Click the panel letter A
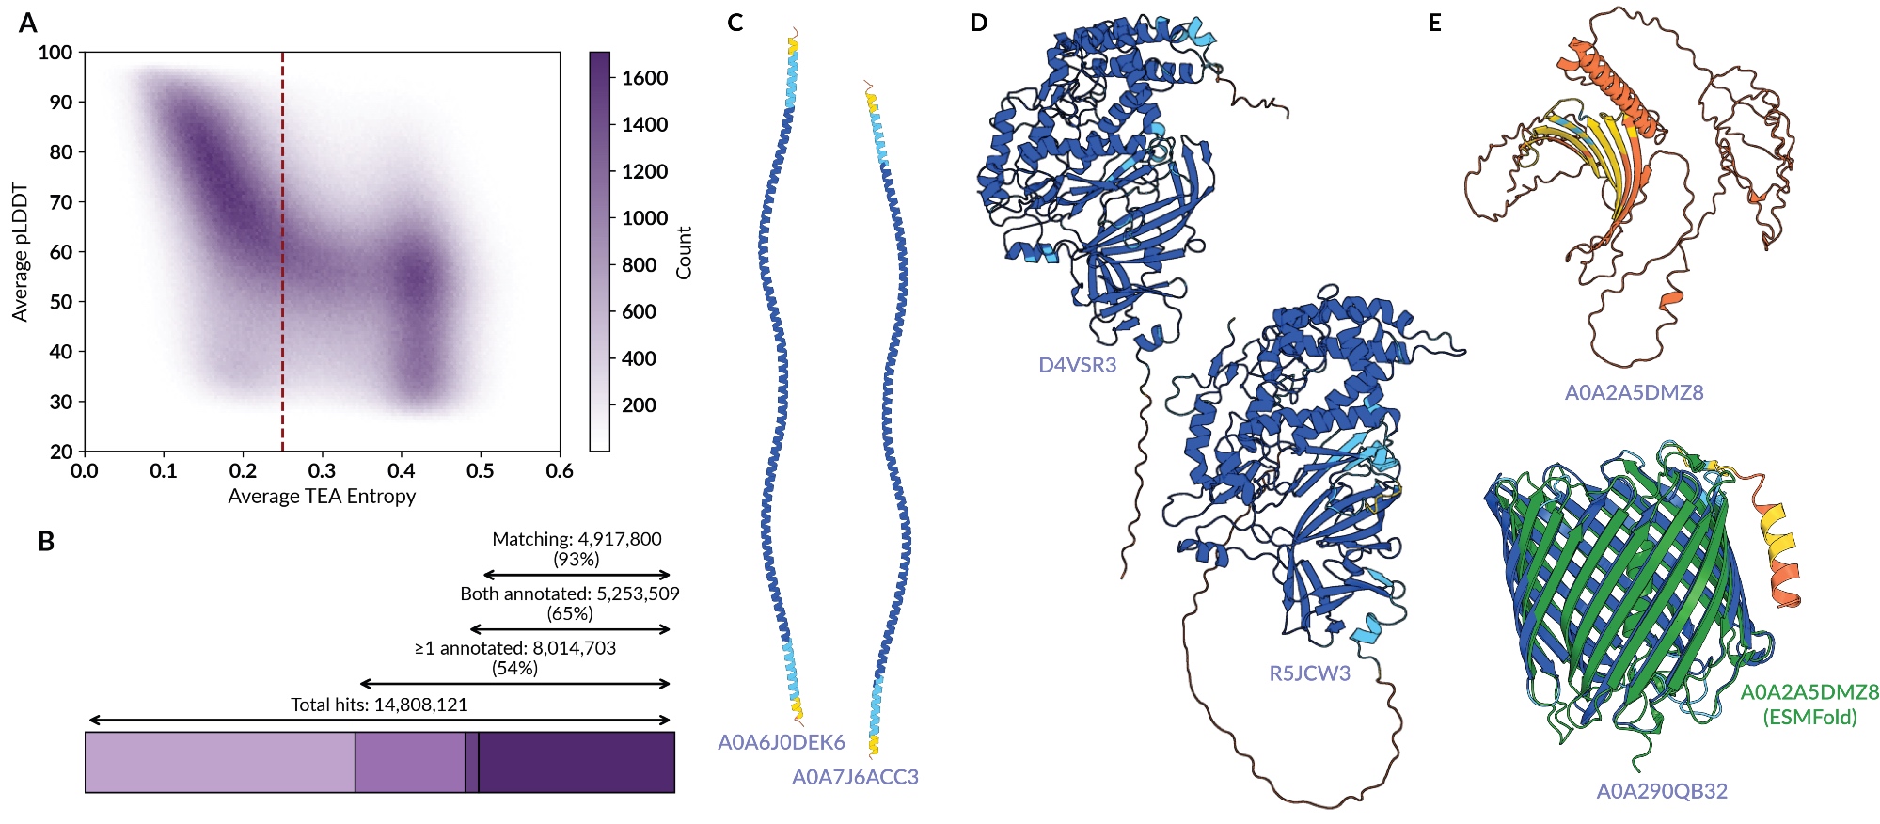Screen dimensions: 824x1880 point(28,23)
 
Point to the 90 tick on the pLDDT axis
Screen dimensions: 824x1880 point(61,102)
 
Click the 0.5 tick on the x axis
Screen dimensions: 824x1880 point(481,469)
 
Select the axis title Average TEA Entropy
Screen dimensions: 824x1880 point(322,497)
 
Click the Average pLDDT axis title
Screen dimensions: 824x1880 point(20,252)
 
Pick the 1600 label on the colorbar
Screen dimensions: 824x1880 point(644,78)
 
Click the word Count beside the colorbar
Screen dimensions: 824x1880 point(684,252)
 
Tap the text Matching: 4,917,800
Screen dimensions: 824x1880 point(577,539)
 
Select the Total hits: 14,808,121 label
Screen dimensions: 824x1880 point(379,705)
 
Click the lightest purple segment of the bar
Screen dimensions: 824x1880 point(220,762)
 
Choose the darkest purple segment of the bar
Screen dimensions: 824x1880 point(577,762)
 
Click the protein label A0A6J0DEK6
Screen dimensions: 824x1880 point(781,742)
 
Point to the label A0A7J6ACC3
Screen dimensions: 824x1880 point(855,777)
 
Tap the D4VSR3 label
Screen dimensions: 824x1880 point(1077,365)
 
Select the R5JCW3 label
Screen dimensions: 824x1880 point(1309,673)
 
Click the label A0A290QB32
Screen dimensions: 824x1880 point(1661,791)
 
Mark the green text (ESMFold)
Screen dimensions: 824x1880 point(1809,718)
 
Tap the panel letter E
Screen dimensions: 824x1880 point(1434,23)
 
